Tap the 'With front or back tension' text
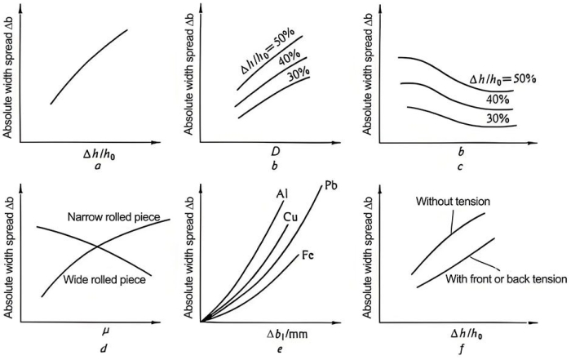tap(505, 278)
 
